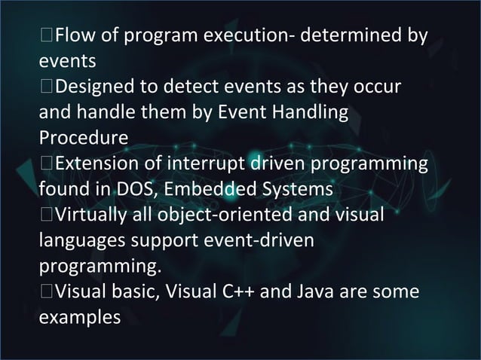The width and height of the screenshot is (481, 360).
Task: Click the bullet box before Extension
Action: pyautogui.click(x=47, y=165)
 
